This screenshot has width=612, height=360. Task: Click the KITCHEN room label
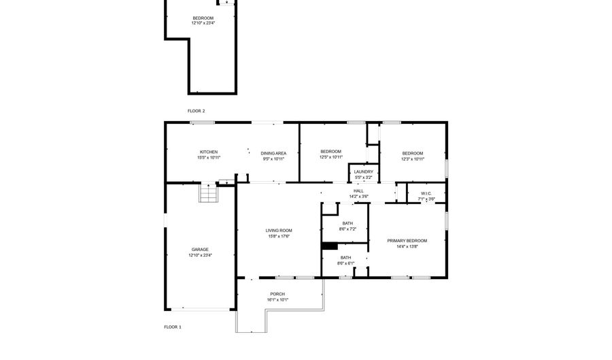tap(209, 152)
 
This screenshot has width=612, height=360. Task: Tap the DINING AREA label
tap(273, 153)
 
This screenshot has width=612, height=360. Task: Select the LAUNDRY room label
tap(363, 171)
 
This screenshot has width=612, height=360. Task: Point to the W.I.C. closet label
tap(426, 194)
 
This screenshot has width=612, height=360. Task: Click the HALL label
tap(358, 191)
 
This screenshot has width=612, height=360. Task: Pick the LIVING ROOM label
tap(279, 231)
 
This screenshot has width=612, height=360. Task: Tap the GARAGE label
tap(200, 250)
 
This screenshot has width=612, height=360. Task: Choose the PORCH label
tap(277, 294)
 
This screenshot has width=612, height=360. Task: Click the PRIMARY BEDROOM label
tap(407, 241)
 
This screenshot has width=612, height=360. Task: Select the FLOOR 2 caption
tap(197, 111)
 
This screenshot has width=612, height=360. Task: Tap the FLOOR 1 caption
tap(173, 327)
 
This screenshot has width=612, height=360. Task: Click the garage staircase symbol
tap(208, 193)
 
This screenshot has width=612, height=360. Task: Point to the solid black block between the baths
tap(330, 246)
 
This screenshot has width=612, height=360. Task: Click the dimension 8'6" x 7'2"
tap(347, 229)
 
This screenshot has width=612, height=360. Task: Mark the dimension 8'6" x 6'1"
tap(346, 263)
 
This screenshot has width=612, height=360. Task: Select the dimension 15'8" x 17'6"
tap(279, 236)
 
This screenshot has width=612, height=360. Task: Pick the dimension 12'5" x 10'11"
tap(331, 157)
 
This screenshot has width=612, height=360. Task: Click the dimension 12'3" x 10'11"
tap(413, 159)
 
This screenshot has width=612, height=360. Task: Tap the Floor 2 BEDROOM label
tap(203, 18)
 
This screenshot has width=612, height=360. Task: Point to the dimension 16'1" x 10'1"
tap(277, 300)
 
